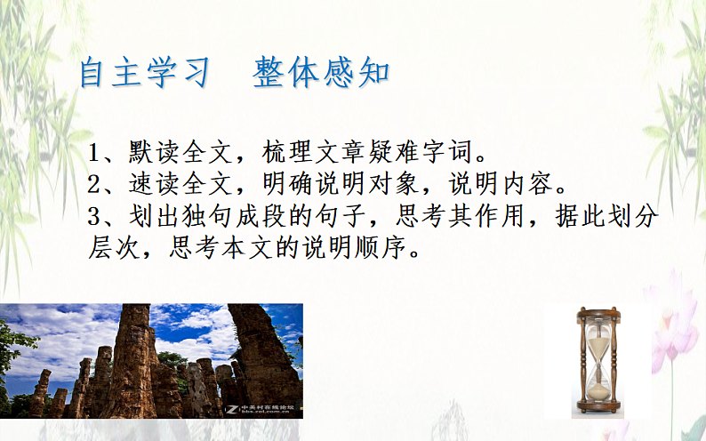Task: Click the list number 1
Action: tap(96, 154)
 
